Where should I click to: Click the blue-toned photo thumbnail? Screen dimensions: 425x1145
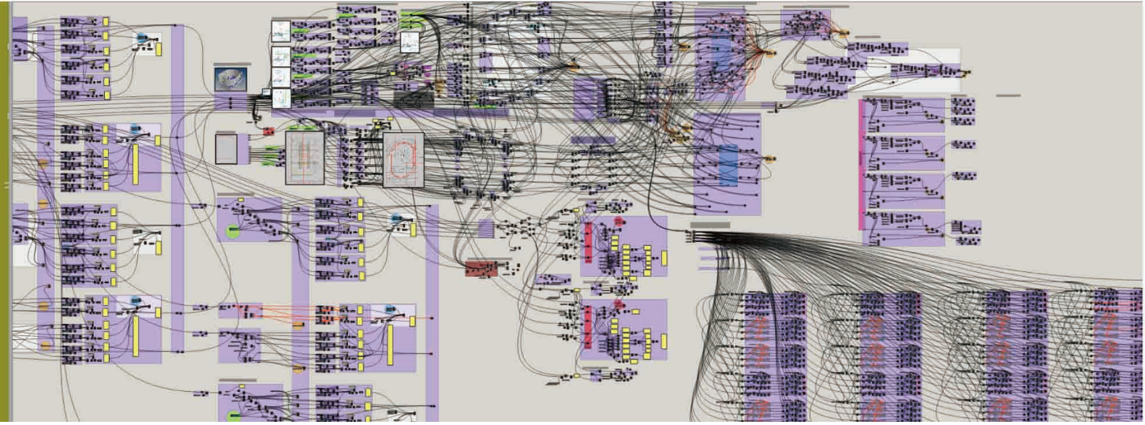[x=230, y=78]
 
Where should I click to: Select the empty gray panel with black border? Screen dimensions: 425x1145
[x=226, y=149]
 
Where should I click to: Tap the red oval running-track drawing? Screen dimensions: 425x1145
[x=403, y=159]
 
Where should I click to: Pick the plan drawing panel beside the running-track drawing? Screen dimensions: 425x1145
[x=305, y=158]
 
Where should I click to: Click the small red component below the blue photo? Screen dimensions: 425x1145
[x=268, y=132]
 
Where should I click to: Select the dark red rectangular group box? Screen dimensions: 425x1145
[x=481, y=269]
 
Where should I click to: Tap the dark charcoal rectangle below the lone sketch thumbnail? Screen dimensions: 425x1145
[x=413, y=99]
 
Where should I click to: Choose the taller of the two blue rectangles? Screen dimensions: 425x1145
[x=724, y=63]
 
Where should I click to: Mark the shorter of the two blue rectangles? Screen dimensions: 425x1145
[x=728, y=166]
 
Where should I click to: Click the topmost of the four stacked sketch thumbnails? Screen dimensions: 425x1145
[x=281, y=31]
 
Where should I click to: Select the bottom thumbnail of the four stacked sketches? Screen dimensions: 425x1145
[x=282, y=99]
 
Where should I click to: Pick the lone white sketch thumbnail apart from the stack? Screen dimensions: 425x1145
[x=410, y=42]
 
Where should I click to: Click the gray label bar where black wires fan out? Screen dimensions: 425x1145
[x=709, y=225]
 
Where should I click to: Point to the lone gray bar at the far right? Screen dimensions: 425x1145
[x=1008, y=95]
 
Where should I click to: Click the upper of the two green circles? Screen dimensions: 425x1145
[x=233, y=231]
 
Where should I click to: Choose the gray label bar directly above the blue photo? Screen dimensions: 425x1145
[x=232, y=64]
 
